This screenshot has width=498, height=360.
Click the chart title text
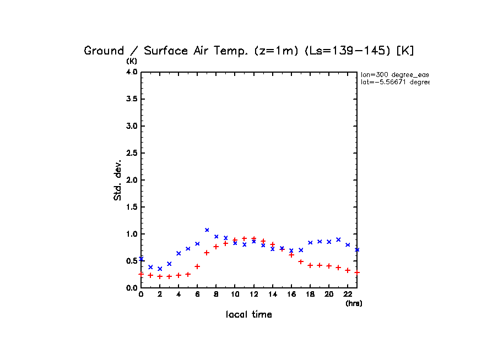click(x=248, y=51)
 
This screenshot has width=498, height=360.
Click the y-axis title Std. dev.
click(x=118, y=180)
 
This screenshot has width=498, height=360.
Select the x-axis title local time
click(x=248, y=315)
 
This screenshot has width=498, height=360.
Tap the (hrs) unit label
click(x=354, y=303)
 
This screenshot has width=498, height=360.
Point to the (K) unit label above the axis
click(x=132, y=61)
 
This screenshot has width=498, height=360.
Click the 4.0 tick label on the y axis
click(x=131, y=72)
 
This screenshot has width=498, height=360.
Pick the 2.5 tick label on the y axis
click(x=131, y=153)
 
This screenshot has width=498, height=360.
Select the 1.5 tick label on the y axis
click(x=131, y=207)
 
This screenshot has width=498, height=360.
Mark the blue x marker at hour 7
click(x=207, y=230)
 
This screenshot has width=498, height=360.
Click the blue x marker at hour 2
click(x=160, y=269)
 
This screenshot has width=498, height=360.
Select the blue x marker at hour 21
click(x=338, y=239)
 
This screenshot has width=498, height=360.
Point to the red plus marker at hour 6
click(x=197, y=266)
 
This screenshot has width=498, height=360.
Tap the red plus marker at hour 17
click(x=301, y=261)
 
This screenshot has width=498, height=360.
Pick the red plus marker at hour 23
click(x=357, y=272)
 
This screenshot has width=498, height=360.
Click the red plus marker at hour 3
click(x=169, y=276)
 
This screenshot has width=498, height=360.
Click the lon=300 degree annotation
click(x=394, y=74)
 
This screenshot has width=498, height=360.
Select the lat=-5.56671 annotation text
click(x=394, y=82)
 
